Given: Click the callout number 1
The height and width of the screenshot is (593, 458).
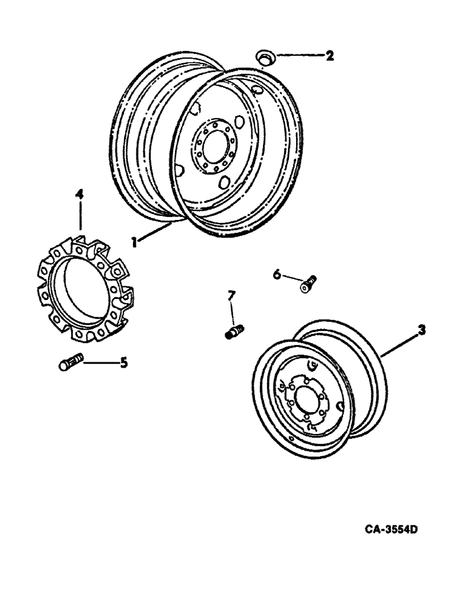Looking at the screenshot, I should pos(135,242).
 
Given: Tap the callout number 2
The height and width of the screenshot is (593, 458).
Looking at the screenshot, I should pos(329,56).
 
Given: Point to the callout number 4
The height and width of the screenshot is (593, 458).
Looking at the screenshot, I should pos(79,194).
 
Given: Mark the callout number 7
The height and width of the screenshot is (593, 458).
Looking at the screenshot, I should pos(233,295).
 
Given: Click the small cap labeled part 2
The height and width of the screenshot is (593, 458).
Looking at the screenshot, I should pos(264,57).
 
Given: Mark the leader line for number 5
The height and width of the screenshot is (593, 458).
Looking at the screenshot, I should pos(100,361).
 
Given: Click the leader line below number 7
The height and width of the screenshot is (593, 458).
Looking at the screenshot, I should pos(233,312).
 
